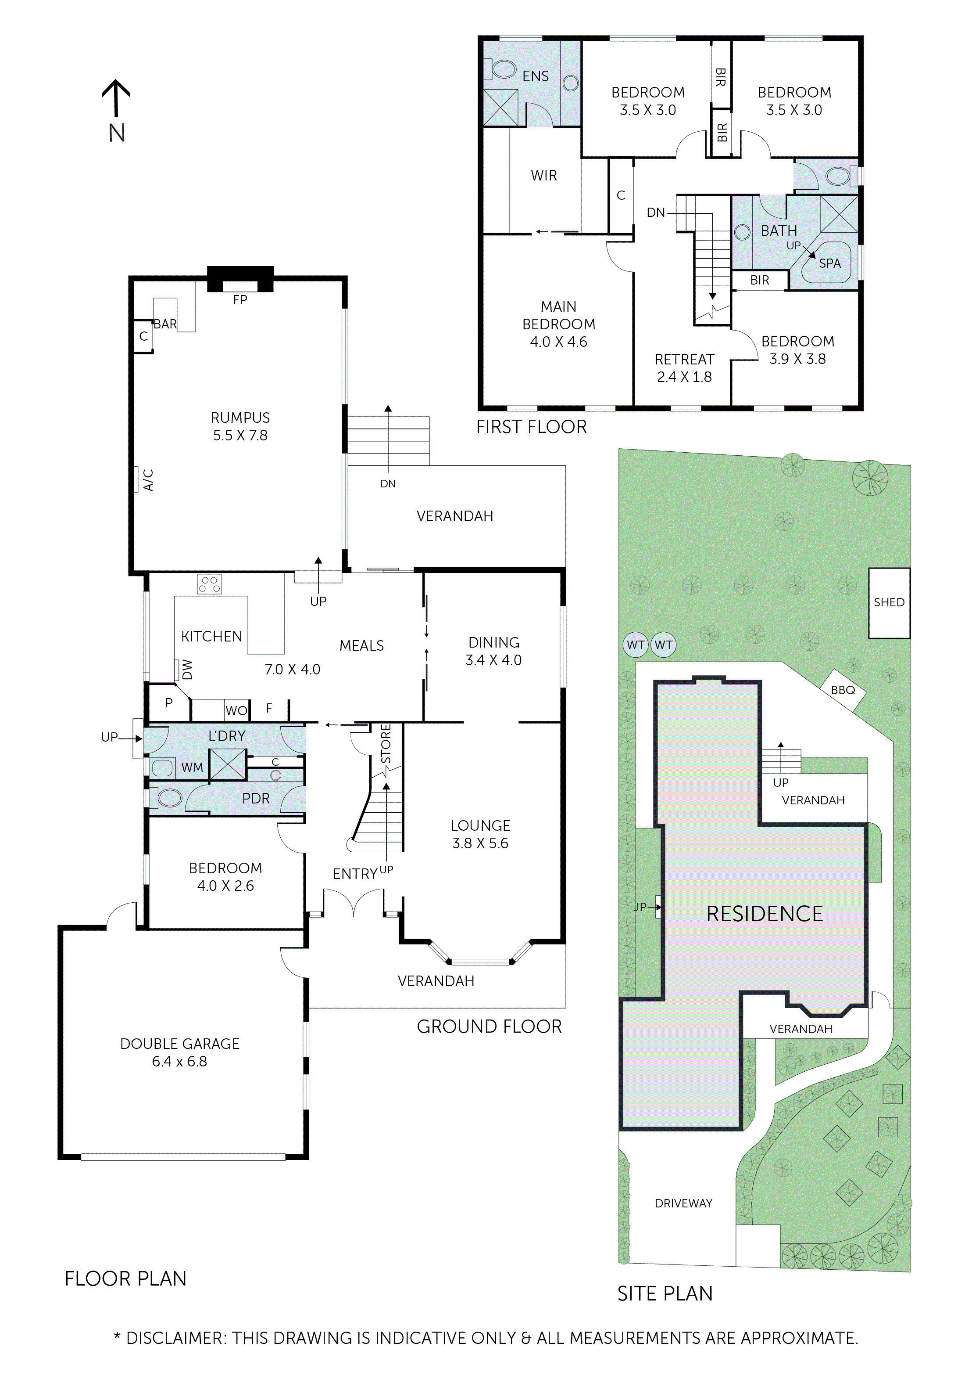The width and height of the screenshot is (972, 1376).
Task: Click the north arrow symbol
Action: pyautogui.click(x=116, y=99)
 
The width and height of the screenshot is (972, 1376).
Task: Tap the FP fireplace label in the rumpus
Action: pyautogui.click(x=240, y=299)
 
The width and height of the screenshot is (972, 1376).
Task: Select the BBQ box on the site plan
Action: pyautogui.click(x=843, y=690)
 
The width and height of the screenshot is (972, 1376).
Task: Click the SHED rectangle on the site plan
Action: pyautogui.click(x=889, y=602)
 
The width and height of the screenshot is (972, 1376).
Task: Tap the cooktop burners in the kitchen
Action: pyautogui.click(x=210, y=584)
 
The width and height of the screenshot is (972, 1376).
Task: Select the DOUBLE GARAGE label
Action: pyautogui.click(x=180, y=1052)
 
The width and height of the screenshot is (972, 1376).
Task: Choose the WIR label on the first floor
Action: pyautogui.click(x=544, y=176)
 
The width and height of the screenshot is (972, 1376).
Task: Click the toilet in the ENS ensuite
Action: pyautogui.click(x=502, y=69)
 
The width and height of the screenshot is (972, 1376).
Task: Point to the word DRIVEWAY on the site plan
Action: pyautogui.click(x=683, y=1203)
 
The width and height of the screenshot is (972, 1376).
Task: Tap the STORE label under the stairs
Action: pyautogui.click(x=386, y=744)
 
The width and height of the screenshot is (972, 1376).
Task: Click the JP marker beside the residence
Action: pyautogui.click(x=641, y=907)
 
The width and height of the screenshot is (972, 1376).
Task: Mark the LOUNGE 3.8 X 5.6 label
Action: pyautogui.click(x=480, y=834)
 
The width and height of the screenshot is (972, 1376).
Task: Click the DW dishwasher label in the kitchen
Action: pyautogui.click(x=186, y=670)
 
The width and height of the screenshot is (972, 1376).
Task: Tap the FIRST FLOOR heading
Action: pyautogui.click(x=531, y=427)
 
